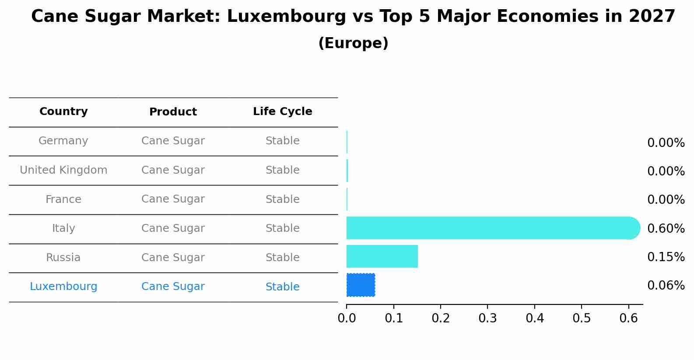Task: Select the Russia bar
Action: coord(382,256)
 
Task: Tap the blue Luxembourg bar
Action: coord(361,285)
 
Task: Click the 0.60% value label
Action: coord(666,228)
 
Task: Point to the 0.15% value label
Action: coord(666,257)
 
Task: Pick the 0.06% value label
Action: coord(666,286)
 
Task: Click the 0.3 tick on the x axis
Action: coord(487,318)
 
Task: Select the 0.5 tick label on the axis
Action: coord(582,318)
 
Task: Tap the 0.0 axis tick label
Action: coord(347,318)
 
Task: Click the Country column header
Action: coord(63,112)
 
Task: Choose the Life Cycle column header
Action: coord(282,112)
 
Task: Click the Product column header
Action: coord(173,112)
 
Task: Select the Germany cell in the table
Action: coord(63,141)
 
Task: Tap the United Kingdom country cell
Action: coord(63,170)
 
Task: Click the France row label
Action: coord(63,199)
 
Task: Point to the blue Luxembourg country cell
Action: coord(63,287)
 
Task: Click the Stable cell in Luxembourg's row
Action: coord(282,287)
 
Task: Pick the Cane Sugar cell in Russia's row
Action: coord(173,258)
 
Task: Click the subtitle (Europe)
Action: coord(353,43)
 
